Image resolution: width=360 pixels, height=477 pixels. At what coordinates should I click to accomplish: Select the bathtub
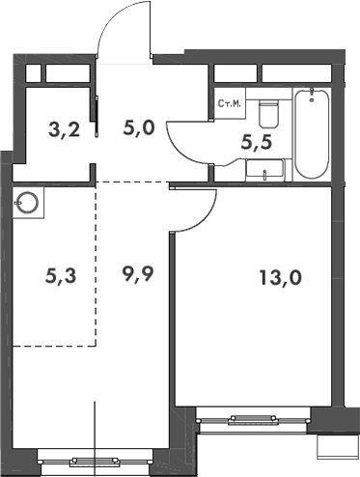coord(312,134)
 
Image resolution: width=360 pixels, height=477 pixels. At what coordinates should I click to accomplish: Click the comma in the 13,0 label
coord(282,287)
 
